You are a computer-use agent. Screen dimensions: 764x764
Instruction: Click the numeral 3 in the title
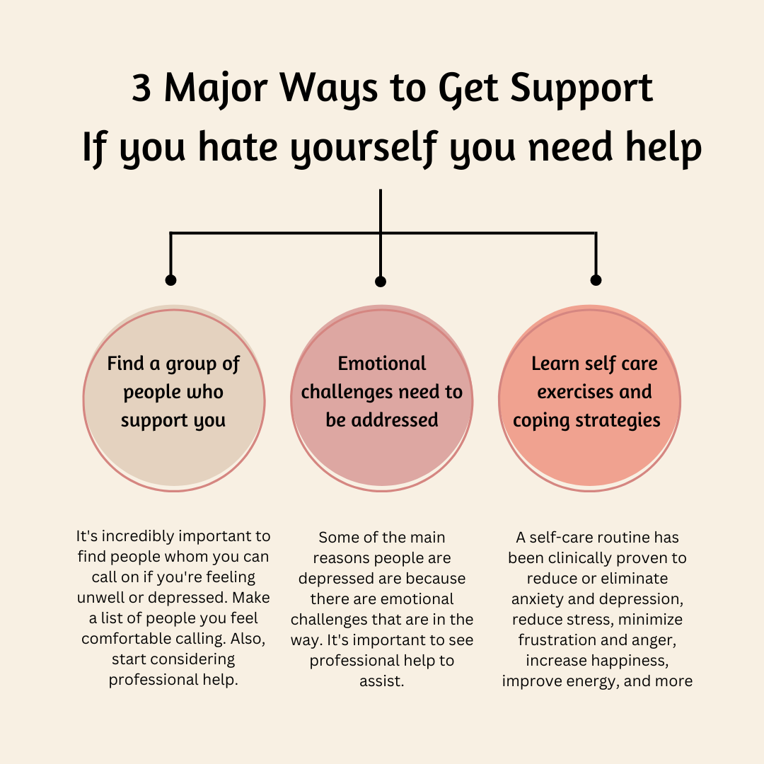coord(141,89)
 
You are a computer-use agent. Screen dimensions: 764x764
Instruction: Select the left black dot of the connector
coord(170,280)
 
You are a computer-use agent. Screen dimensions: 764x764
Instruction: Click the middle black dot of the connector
coord(381,282)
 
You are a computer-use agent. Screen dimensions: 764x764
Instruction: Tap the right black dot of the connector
coord(596,280)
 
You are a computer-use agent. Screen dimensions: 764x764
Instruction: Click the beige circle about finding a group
coord(174,453)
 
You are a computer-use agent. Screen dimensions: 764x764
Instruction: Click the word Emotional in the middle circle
coord(382,364)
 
